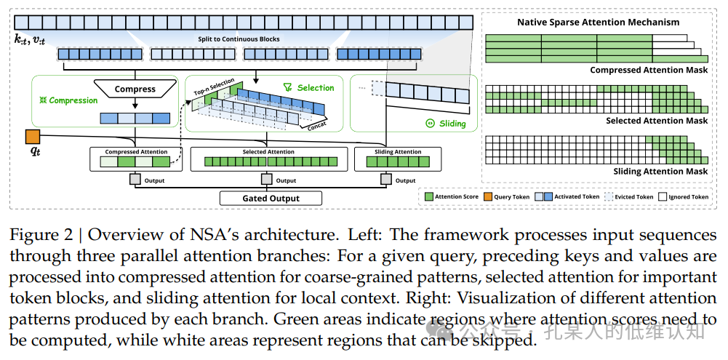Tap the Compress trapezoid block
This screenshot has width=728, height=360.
click(x=135, y=89)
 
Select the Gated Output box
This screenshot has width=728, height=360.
click(x=271, y=199)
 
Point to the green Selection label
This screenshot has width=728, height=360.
click(x=308, y=87)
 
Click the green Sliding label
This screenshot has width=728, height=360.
click(x=446, y=124)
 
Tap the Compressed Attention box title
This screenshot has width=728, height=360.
click(x=136, y=152)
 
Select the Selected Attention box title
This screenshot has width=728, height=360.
click(x=268, y=152)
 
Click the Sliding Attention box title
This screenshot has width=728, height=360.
click(x=398, y=152)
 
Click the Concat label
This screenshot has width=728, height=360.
click(x=317, y=125)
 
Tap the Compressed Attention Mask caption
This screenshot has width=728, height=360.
click(x=649, y=70)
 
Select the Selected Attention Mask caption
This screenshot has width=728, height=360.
click(x=657, y=121)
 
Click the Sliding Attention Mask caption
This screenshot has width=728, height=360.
click(x=661, y=172)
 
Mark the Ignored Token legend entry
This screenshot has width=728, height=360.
click(x=684, y=196)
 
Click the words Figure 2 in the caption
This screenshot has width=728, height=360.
click(x=41, y=236)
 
